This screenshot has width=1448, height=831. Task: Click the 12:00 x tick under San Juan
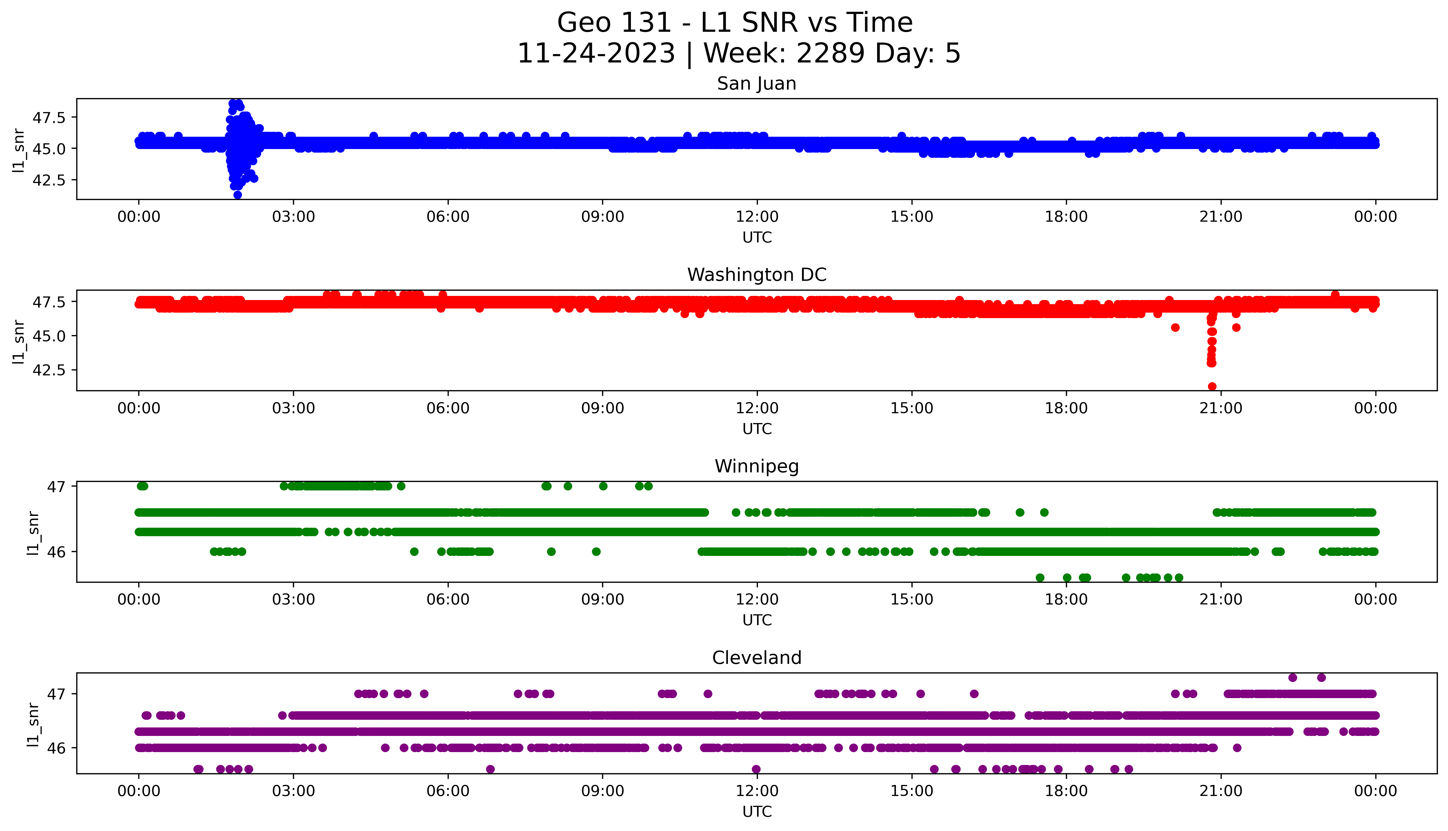click(757, 217)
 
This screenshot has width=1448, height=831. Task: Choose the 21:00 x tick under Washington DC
click(1221, 408)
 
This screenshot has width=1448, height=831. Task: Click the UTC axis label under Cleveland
click(757, 812)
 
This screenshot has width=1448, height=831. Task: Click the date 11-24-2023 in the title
click(596, 54)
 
